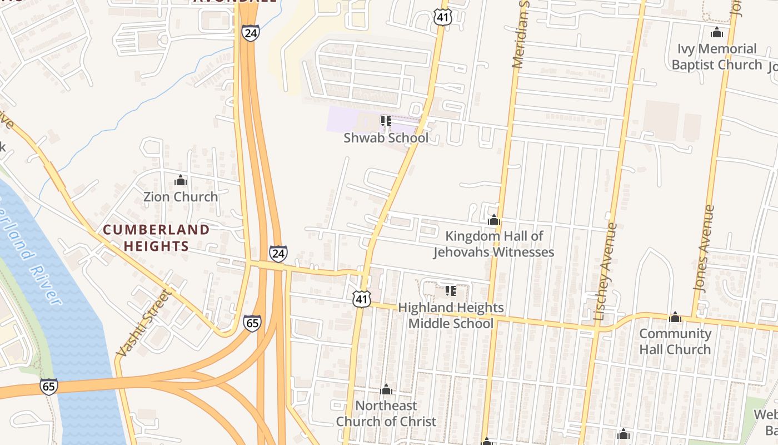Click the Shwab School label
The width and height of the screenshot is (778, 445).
(x=386, y=137)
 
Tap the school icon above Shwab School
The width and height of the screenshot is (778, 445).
(x=386, y=121)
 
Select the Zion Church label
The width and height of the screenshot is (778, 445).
(x=181, y=196)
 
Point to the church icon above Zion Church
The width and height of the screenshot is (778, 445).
(x=180, y=180)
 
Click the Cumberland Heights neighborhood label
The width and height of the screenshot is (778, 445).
(x=156, y=238)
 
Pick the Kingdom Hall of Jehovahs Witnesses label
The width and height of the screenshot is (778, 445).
(x=493, y=244)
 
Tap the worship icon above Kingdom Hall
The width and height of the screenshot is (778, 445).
(x=493, y=220)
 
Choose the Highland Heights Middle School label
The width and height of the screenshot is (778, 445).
(x=451, y=315)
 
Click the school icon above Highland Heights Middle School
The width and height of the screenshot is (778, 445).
(x=450, y=291)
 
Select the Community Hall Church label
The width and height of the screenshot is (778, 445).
(x=675, y=342)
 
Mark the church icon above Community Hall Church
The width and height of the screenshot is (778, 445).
(x=675, y=317)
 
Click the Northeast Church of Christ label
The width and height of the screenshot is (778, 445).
(x=386, y=413)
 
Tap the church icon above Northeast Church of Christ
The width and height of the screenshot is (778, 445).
(x=386, y=389)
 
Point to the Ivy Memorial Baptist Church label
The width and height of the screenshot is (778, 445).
(x=717, y=57)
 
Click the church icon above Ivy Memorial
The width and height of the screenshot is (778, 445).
(x=717, y=32)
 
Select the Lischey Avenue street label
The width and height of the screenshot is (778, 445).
(x=606, y=271)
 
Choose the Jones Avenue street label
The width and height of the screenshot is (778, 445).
(x=704, y=248)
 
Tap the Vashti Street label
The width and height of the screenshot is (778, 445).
(x=143, y=323)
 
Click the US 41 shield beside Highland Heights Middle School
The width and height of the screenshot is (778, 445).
(x=361, y=299)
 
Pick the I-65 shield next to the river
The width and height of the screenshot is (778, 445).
(x=49, y=387)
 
